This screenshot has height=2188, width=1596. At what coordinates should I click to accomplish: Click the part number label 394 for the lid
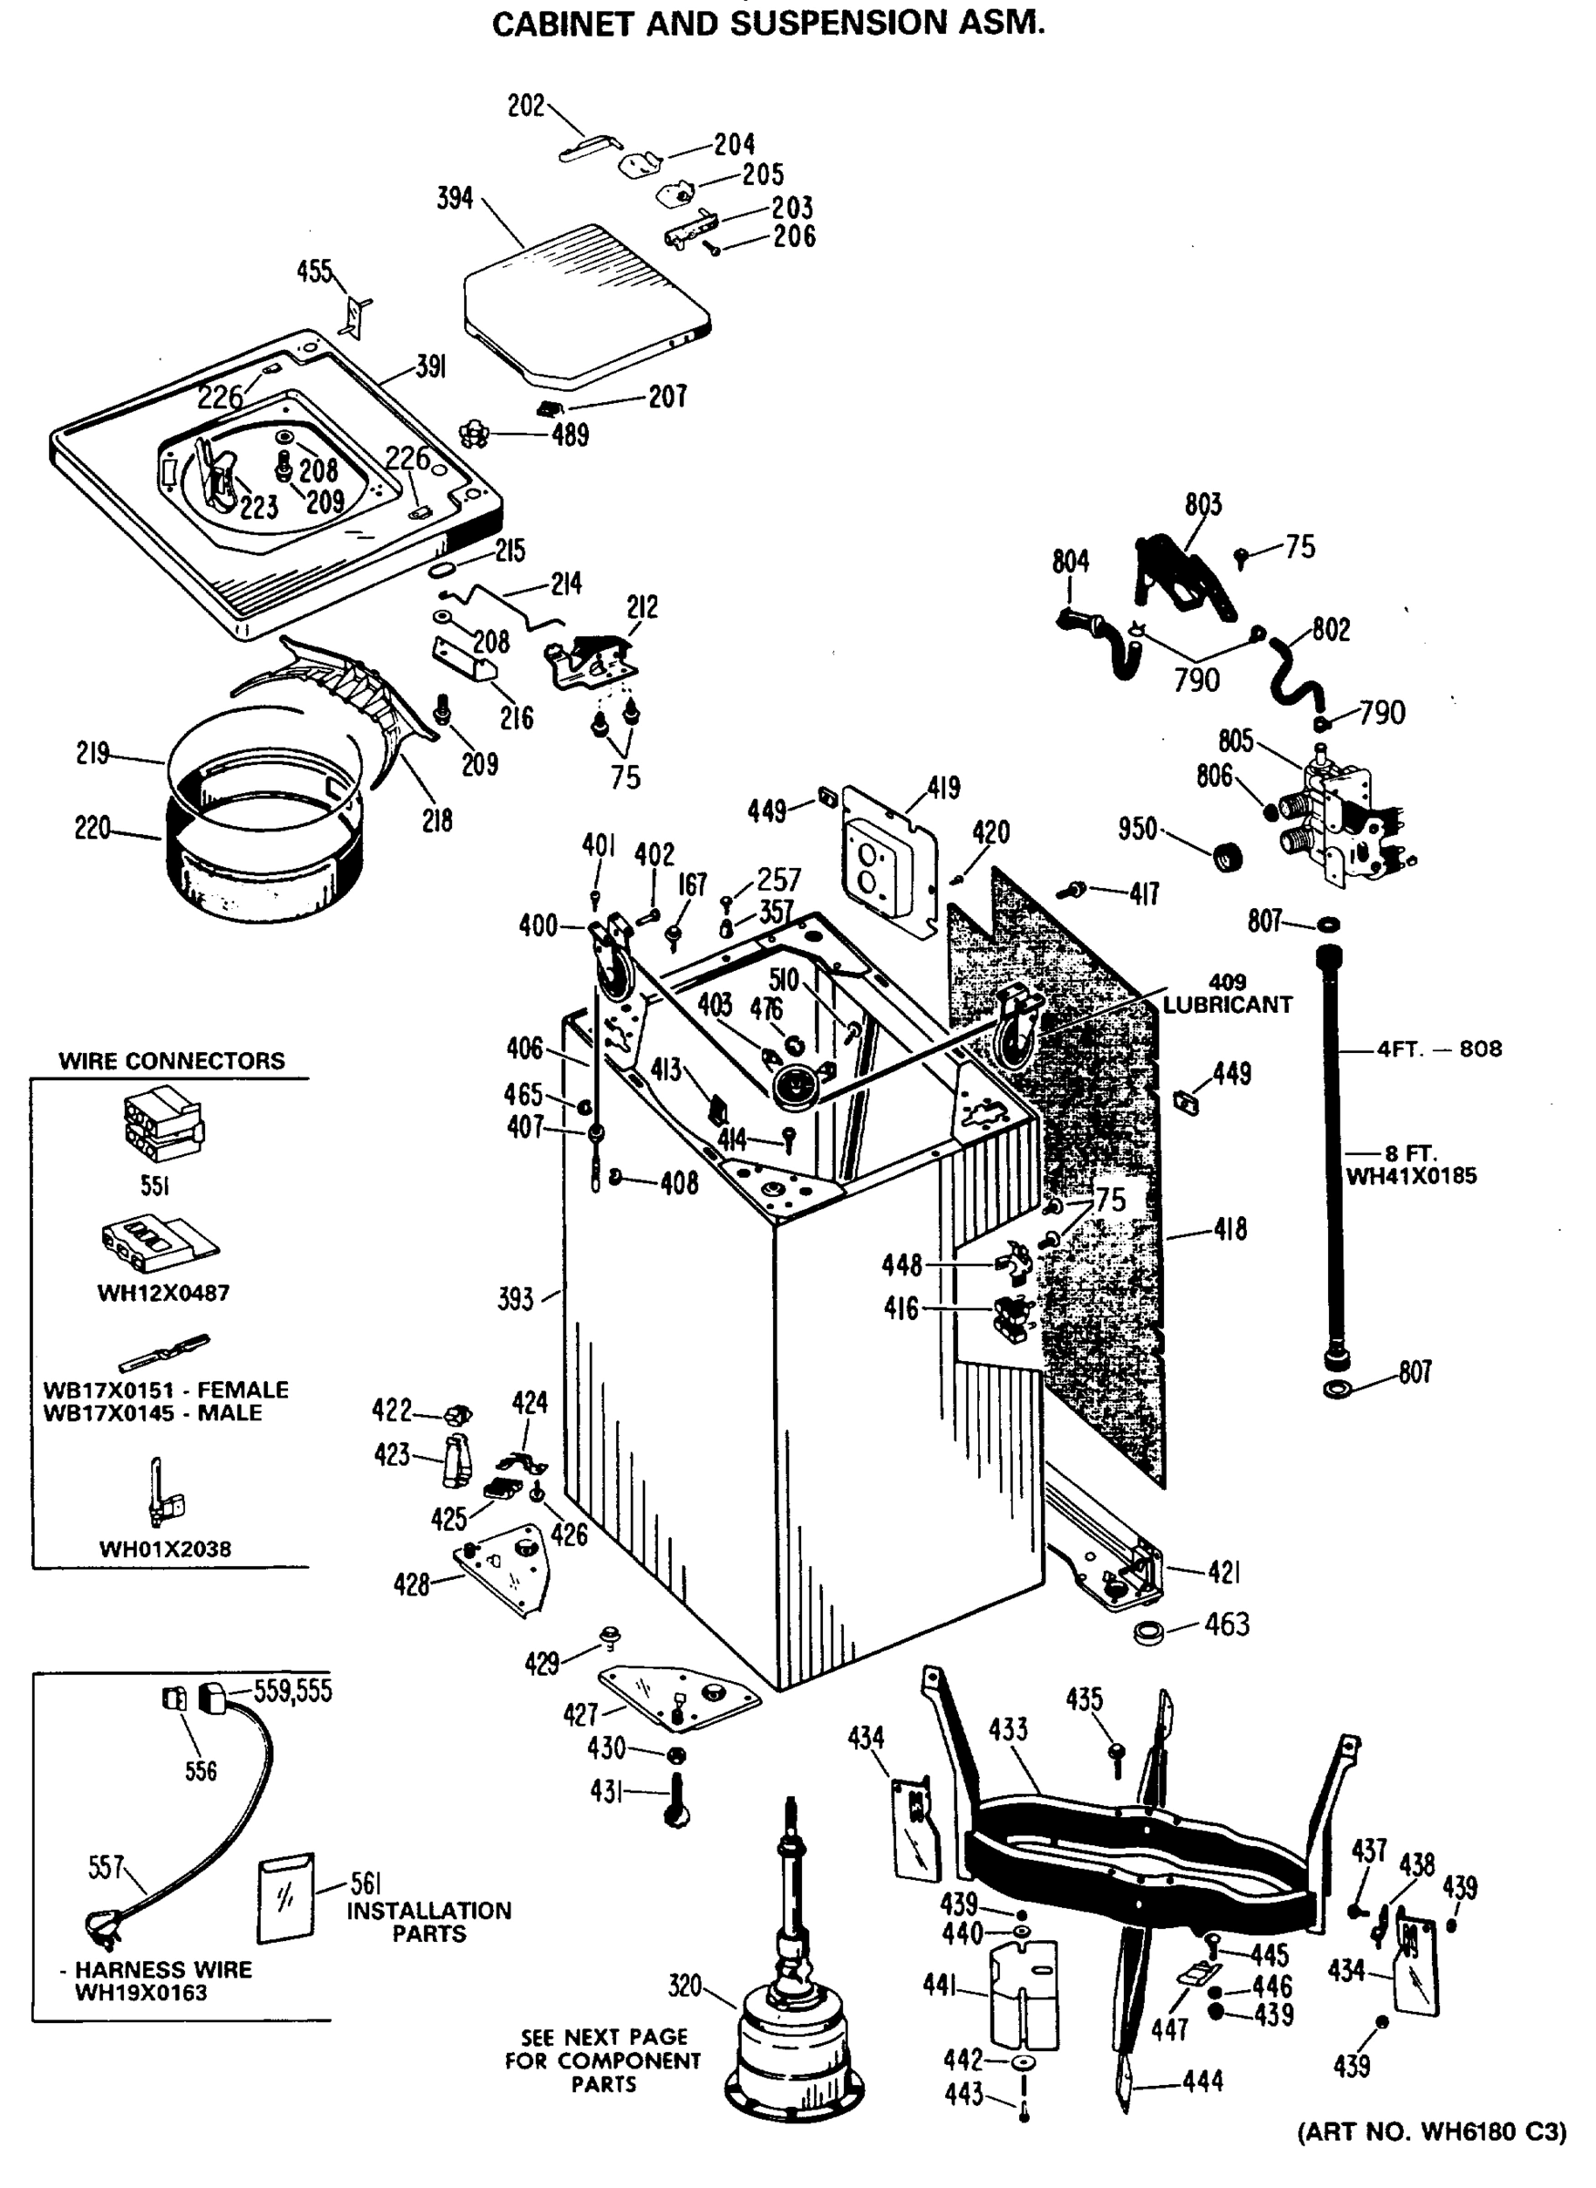(455, 198)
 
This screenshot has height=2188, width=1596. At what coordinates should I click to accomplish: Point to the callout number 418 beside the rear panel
(1230, 1229)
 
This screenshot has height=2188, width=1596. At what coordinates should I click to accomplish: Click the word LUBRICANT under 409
(1227, 1005)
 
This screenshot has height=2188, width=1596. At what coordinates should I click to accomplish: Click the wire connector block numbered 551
(162, 1123)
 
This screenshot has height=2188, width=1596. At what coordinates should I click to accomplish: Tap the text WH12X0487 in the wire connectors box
(163, 1293)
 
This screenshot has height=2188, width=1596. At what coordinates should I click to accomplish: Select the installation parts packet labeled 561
(286, 1898)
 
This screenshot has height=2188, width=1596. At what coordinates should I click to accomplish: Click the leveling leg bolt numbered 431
(676, 1799)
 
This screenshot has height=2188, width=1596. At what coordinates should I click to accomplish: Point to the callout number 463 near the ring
(1226, 1625)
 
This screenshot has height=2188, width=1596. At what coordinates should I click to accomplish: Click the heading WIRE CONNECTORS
(172, 1061)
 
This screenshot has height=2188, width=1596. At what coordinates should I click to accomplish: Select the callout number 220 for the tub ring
(93, 828)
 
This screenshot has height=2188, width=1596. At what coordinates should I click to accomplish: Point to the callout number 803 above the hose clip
(1203, 504)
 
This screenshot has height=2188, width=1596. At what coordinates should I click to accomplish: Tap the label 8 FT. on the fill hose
(1410, 1154)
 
